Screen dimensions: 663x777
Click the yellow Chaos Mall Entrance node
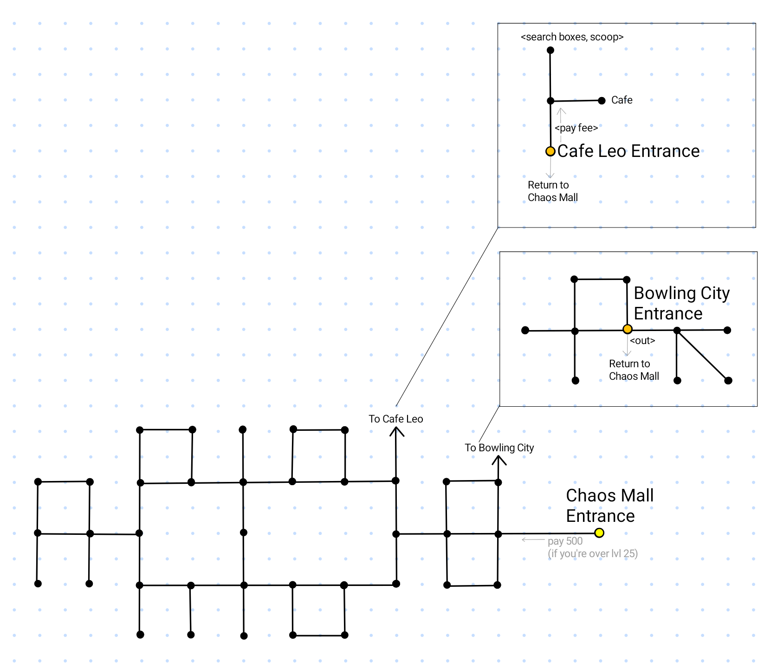coord(599,533)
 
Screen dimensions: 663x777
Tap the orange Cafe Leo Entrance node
coord(550,151)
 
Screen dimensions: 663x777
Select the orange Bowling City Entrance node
coord(628,329)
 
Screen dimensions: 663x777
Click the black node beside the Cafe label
coord(602,100)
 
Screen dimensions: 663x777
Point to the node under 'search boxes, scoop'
coord(550,50)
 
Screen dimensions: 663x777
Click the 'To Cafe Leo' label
coord(395,419)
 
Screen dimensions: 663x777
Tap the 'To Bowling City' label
coord(499,448)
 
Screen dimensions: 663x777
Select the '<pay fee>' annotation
coord(576,128)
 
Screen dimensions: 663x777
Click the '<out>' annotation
coord(642,340)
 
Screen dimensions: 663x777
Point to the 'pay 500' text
coord(565,541)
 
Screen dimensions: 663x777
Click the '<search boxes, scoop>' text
coord(572,37)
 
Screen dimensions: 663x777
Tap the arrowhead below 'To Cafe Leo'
coord(396,432)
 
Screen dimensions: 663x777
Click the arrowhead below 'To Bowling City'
coord(499,460)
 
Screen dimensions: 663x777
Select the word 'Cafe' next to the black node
coord(622,100)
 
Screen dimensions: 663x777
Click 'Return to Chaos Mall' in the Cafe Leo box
coord(552,191)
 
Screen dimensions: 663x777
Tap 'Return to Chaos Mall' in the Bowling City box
coord(634,370)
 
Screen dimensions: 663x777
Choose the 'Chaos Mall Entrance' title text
coord(609,506)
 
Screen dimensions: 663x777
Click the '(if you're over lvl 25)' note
coord(592,553)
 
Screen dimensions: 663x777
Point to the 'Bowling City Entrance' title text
coord(681,303)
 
